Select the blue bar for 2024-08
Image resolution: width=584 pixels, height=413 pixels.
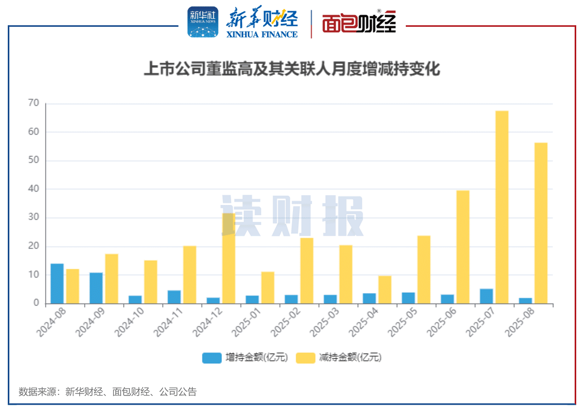pos(57,284)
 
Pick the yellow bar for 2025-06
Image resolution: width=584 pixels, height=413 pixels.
pos(463,247)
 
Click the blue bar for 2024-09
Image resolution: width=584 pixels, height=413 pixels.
pos(96,288)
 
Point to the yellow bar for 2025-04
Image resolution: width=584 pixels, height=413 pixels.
pos(384,290)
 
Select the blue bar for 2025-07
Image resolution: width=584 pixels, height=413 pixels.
pos(486,296)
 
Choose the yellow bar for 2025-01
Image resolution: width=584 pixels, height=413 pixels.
pos(268,288)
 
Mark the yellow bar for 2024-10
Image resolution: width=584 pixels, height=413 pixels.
pos(150,282)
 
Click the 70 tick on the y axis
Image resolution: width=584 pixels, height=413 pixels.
pos(34,103)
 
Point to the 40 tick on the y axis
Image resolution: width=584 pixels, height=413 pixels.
pos(34,189)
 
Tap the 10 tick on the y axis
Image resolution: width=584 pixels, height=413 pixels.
pos(34,275)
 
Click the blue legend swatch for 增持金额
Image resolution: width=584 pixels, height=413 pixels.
pos(212,358)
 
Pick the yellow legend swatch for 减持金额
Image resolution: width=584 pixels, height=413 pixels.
pos(305,358)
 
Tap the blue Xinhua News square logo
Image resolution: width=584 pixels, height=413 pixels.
pos(203,22)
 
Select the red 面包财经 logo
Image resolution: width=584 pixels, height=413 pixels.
pos(359,22)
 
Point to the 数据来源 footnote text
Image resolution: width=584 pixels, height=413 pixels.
pos(108,392)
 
